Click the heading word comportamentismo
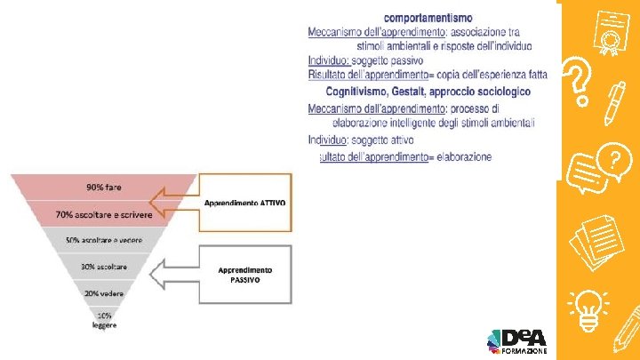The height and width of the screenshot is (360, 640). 428,17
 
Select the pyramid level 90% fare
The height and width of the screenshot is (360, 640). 104,188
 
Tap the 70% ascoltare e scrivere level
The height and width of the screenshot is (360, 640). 104,214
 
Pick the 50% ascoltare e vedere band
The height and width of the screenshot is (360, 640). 104,241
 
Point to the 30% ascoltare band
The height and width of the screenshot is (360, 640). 104,267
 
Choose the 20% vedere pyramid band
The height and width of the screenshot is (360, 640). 104,292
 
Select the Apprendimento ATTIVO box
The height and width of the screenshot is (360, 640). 244,203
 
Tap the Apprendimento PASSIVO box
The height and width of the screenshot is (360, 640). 244,273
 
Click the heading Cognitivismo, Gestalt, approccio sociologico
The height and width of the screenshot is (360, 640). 428,92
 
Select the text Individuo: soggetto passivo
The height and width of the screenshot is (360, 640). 353,60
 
